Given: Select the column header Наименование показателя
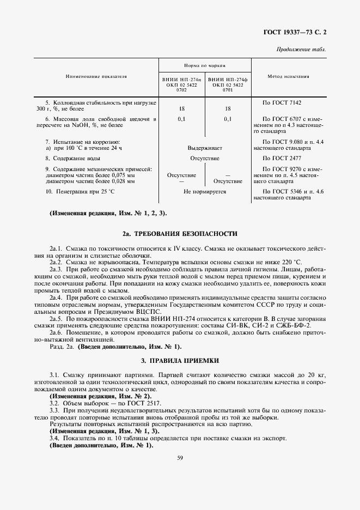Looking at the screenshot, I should coord(97,77).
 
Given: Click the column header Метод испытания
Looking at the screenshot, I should coord(289,77).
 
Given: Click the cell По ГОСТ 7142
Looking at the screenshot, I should coord(282,102).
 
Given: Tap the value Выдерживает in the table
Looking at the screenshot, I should coord(204,148).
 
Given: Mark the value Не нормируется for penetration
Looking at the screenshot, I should coord(204,192).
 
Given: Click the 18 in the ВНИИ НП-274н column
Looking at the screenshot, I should coord(181,108).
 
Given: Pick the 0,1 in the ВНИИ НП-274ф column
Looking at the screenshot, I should coord(228,119).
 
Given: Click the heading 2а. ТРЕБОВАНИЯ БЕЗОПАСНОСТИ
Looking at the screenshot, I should coord(180,234).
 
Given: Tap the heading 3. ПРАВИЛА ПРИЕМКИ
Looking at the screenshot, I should coord(180,361).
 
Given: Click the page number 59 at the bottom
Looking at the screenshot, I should coord(180,458).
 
